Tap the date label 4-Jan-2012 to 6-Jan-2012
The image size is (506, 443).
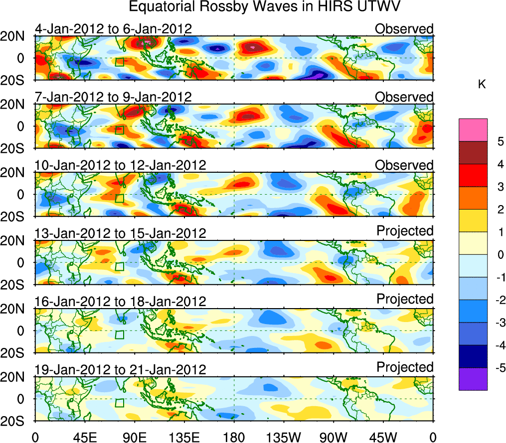coord(114,29)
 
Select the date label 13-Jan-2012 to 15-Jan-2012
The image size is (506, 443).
coord(120,233)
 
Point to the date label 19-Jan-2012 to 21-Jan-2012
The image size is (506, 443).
coord(120,369)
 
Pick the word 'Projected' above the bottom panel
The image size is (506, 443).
coord(405,367)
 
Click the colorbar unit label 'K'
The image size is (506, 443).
coord(482,85)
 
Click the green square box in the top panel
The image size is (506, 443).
coord(119,62)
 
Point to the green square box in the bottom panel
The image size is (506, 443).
coord(119,403)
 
